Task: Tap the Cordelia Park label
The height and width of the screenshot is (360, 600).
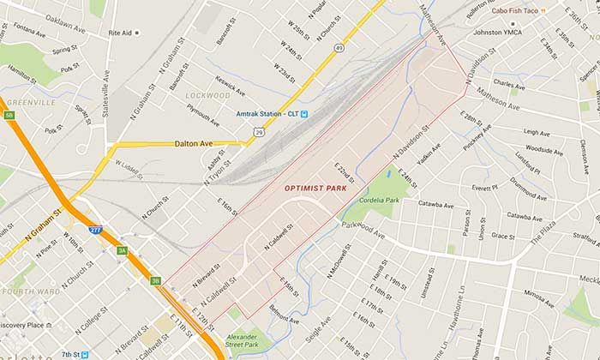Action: [x=381, y=200]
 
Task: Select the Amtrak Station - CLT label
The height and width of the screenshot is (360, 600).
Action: [x=267, y=114]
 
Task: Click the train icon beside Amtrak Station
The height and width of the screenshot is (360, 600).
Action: [x=304, y=114]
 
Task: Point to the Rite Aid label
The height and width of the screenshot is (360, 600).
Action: [x=119, y=33]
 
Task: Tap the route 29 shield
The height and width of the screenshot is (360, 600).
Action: [x=258, y=132]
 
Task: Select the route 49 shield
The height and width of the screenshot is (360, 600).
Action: [x=339, y=48]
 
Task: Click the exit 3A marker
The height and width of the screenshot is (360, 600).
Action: [x=122, y=250]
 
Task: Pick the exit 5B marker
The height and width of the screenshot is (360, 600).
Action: [x=9, y=115]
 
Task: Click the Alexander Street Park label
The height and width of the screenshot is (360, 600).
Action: [x=241, y=341]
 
